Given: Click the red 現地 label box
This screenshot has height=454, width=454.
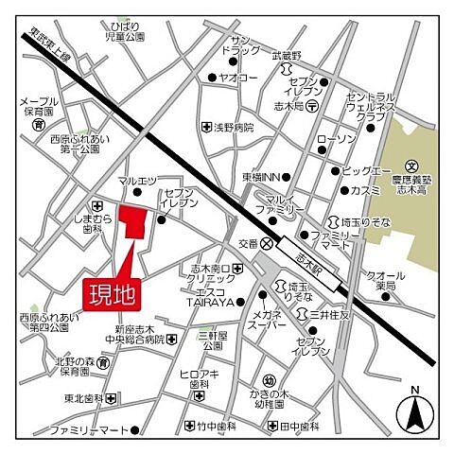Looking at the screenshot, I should (113, 293).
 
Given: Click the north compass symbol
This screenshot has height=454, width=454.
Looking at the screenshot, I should (414, 410).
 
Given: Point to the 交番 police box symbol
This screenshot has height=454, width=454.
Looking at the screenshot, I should (269, 243).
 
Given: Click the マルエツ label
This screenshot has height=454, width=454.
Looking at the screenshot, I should (137, 181).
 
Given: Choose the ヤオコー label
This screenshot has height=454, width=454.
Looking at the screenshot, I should (237, 78).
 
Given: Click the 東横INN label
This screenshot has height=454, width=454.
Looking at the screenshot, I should (258, 176).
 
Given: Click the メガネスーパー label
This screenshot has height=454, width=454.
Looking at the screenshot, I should (267, 321).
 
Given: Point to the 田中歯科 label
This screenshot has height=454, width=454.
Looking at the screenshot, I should (297, 427).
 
